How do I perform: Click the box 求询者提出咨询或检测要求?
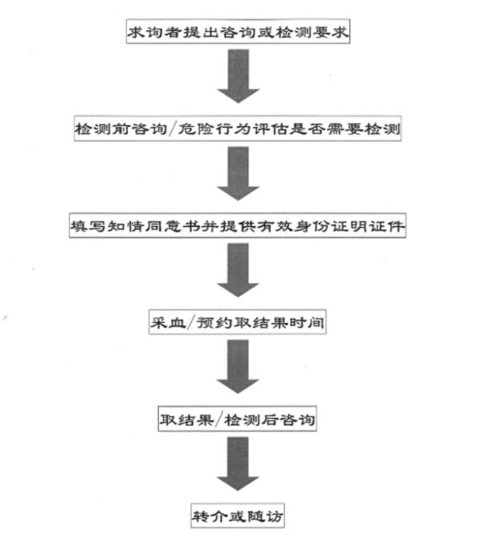(x=238, y=32)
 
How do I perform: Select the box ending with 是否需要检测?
(x=237, y=129)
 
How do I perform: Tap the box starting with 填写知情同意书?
(x=237, y=225)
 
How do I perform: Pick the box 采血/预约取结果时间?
(x=237, y=322)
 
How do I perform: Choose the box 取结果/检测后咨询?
(x=237, y=419)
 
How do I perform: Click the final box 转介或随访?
(x=237, y=515)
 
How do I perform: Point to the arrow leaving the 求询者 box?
(x=238, y=76)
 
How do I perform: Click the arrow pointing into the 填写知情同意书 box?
(x=238, y=174)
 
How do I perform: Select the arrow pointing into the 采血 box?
(x=238, y=270)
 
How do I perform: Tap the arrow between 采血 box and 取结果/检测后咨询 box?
(x=238, y=367)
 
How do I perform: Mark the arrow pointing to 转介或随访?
(x=238, y=464)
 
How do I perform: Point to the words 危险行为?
(x=214, y=129)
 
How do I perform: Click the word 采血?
(x=168, y=323)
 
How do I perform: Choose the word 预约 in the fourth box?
(x=215, y=323)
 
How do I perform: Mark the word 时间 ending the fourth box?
(x=306, y=323)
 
